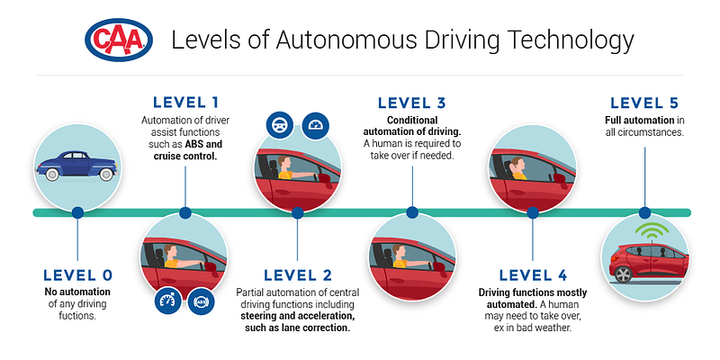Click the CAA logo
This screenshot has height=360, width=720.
coord(119,40)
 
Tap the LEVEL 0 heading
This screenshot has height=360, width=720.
coord(77,275)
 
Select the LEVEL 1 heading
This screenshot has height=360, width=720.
coord(185,103)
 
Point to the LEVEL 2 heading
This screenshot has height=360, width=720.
coord(298,275)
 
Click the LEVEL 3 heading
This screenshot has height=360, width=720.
coord(412,103)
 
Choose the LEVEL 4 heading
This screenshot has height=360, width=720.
coord(533,275)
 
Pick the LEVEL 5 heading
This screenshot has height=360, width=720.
coord(644,103)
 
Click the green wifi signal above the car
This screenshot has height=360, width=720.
coord(651,229)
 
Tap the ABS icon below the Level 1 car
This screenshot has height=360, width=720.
coord(201,301)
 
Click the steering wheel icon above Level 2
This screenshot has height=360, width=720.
coord(280,125)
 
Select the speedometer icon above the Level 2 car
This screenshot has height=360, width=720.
coord(316,125)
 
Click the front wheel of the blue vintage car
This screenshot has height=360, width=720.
coord(106,174)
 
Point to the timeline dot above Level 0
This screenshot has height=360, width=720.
coord(77,212)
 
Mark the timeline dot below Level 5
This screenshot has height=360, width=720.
coord(644,212)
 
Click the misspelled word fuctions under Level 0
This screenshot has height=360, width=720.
coord(77,316)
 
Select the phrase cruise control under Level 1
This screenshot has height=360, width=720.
coord(185,155)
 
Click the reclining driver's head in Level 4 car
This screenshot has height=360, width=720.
coord(517,164)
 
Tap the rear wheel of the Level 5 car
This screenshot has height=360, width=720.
coord(623,274)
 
